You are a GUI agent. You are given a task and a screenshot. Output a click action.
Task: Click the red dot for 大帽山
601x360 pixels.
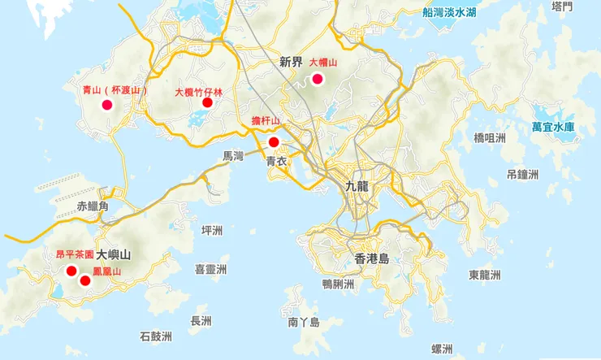tap(318, 79)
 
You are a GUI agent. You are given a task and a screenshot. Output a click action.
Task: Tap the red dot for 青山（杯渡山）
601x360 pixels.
tap(106, 105)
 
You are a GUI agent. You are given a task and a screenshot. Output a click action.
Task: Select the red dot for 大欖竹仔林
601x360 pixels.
tap(207, 102)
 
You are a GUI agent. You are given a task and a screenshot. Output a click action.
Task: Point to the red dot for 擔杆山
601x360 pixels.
tap(274, 142)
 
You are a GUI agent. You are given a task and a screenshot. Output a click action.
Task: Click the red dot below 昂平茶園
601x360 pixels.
tap(71, 271)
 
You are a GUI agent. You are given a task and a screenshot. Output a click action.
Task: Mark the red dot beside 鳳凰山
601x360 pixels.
tap(85, 280)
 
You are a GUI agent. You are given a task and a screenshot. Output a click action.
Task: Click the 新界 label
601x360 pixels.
tap(290, 61)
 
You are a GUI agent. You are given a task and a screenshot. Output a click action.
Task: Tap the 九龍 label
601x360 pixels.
tap(357, 185)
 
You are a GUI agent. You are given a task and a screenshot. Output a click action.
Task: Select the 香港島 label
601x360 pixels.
tap(372, 258)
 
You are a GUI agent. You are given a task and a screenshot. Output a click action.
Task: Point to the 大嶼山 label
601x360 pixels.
tap(113, 254)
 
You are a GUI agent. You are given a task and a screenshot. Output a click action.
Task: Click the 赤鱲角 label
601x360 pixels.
tap(93, 206)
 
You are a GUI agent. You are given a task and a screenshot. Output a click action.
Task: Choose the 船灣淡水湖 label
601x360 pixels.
tap(449, 12)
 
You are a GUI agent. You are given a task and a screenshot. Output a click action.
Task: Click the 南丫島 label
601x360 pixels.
tap(304, 323)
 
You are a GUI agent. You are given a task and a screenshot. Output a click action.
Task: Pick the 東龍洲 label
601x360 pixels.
tap(485, 275)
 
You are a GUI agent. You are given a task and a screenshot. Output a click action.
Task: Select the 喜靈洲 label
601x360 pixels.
tap(210, 269)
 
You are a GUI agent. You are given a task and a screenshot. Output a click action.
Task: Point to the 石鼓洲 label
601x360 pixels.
tap(156, 335)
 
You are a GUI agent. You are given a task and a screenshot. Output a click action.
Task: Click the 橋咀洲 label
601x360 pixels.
tap(489, 138)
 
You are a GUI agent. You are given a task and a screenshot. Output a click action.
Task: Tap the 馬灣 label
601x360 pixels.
tap(233, 156)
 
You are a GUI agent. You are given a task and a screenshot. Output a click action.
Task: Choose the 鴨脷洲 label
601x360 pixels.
tap(338, 284)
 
